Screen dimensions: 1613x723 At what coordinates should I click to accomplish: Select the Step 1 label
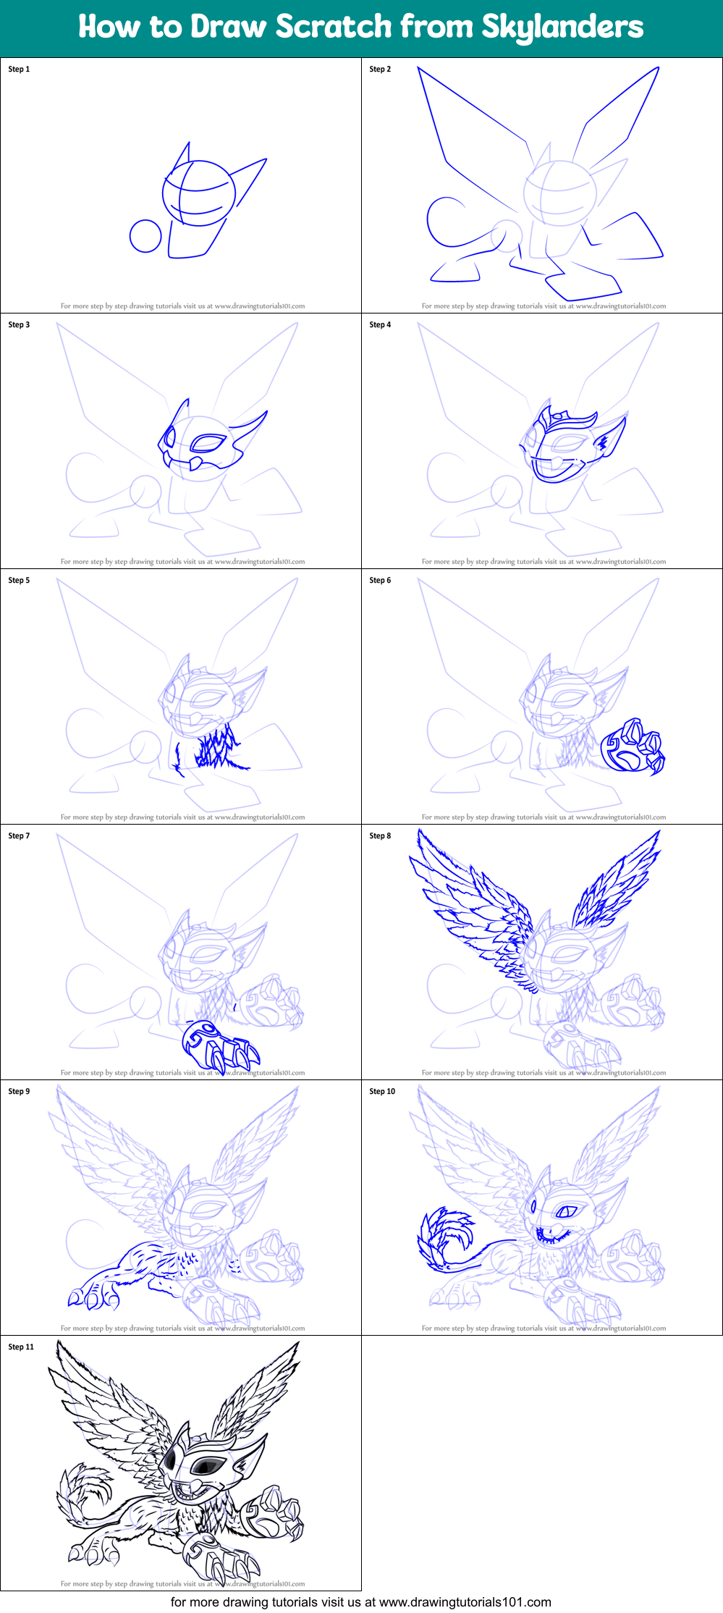point(19,70)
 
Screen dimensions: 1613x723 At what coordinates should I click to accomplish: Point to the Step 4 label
point(380,325)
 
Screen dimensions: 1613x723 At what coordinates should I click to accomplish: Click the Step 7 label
point(19,836)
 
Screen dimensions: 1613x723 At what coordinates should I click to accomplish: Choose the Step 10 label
point(382,1092)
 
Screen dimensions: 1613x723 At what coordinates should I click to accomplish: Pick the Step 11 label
point(21,1347)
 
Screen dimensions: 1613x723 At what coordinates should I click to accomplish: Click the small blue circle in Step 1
point(145,236)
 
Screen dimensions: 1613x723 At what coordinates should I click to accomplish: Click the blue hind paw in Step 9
point(93,1296)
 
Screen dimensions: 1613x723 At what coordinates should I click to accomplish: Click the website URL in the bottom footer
point(465,1602)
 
